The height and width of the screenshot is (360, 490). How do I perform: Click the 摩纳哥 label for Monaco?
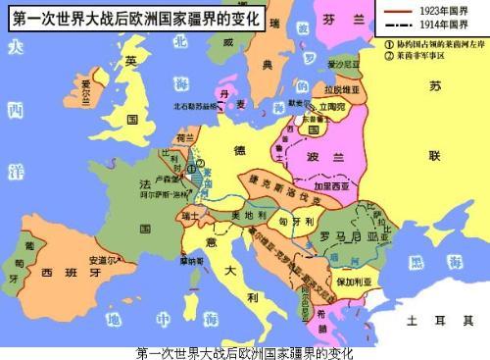191,262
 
